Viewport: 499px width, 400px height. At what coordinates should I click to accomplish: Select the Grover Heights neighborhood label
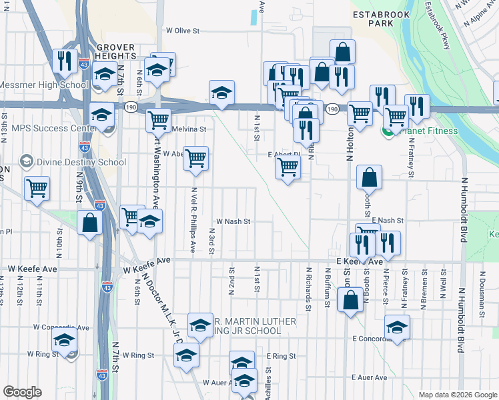(116, 52)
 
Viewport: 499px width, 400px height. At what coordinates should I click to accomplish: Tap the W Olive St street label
(183, 31)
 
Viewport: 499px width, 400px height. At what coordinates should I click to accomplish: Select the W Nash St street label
(233, 221)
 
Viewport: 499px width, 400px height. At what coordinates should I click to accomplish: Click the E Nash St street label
(388, 220)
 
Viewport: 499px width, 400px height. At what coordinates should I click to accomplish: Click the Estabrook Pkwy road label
(436, 27)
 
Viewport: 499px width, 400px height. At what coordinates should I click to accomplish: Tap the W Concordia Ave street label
(61, 327)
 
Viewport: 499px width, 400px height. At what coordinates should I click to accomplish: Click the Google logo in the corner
(22, 392)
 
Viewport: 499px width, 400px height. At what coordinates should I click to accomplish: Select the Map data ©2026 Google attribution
(458, 394)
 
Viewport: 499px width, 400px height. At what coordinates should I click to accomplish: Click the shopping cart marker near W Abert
(195, 159)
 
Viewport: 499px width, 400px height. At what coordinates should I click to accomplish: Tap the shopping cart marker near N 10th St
(37, 188)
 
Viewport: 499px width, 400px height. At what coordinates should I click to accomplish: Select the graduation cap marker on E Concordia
(397, 327)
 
